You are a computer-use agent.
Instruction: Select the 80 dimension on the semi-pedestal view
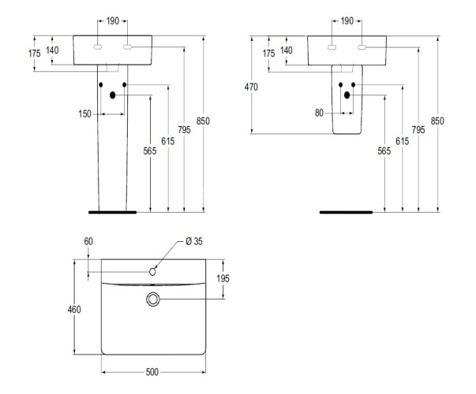point(320,112)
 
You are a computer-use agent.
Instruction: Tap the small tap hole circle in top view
point(153,272)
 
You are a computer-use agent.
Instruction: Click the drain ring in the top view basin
point(153,299)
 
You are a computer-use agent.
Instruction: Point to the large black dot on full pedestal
point(113,95)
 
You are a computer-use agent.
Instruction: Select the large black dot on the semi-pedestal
point(347,95)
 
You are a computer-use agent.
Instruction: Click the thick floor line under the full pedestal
point(112,212)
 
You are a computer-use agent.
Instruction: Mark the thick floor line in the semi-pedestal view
point(346,212)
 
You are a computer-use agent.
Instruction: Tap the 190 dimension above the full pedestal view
point(112,20)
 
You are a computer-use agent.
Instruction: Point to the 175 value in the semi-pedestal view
point(268,54)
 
